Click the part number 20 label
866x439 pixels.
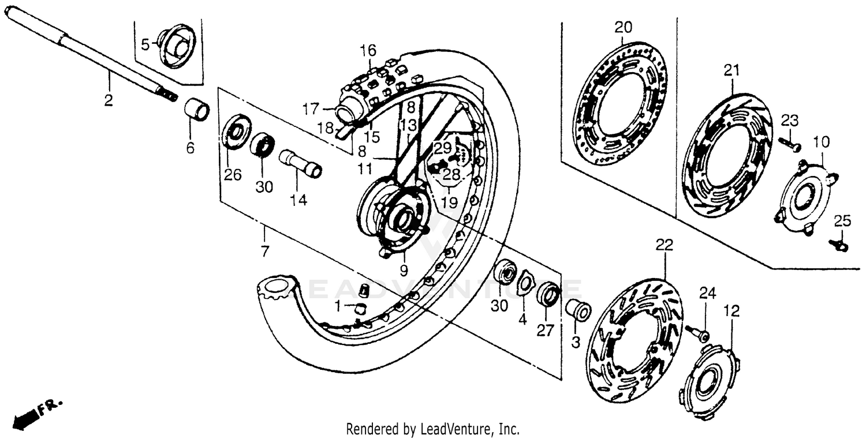point(623,27)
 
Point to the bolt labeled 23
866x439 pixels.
point(789,144)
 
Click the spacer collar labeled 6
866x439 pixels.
point(197,110)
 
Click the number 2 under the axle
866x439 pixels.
point(108,101)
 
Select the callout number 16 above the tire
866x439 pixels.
point(368,49)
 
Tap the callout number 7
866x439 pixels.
point(264,252)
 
